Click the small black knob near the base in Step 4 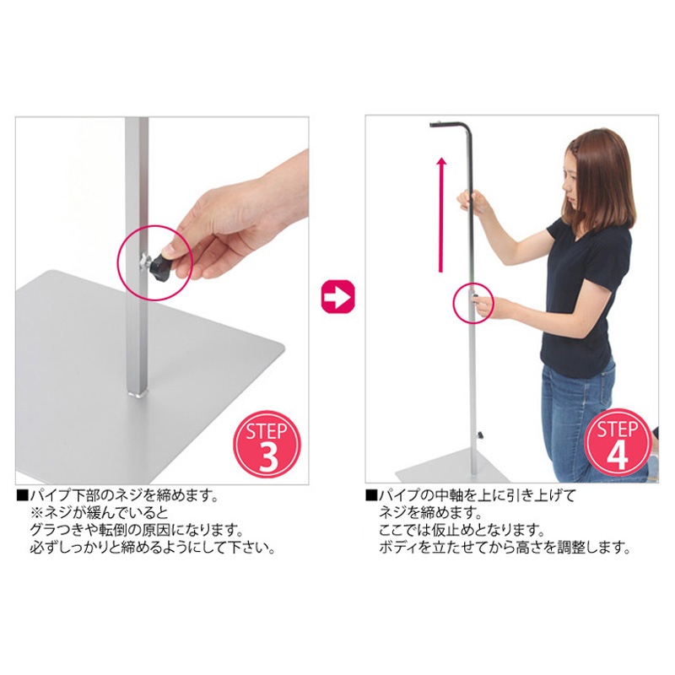480,435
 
